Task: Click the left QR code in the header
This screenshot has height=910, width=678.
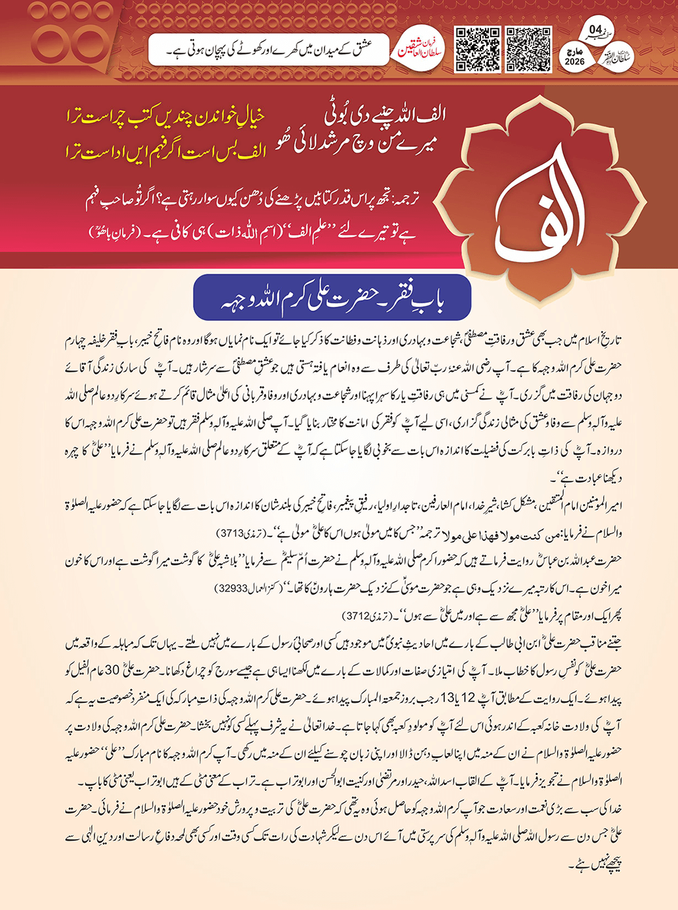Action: [476, 50]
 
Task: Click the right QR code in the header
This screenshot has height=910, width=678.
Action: [529, 50]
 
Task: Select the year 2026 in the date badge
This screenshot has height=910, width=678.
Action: [575, 62]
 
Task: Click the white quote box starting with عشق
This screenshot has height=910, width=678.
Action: [267, 48]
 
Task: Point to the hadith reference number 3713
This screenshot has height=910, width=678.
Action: [232, 532]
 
